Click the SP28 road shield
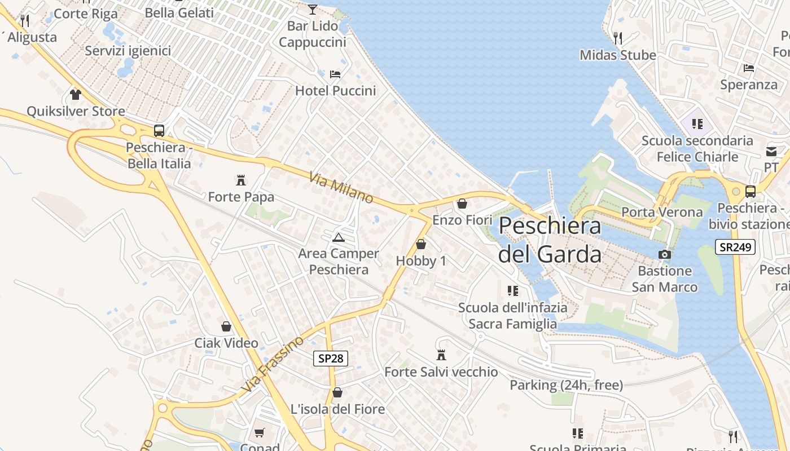click(331, 358)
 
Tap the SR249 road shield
click(735, 247)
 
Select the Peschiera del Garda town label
click(550, 240)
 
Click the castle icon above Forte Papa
click(241, 180)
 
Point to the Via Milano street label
click(341, 188)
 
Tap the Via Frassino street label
click(272, 364)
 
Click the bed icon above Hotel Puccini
click(335, 74)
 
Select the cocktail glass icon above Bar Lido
click(313, 9)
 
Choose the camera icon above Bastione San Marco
click(665, 254)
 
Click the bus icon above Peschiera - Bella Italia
click(159, 131)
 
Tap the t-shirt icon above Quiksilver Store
click(76, 94)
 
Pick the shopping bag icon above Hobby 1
click(420, 244)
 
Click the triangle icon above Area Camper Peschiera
click(338, 237)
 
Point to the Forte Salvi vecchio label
click(441, 372)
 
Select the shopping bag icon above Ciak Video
click(226, 326)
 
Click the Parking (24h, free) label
click(567, 385)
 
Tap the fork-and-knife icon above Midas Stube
click(618, 38)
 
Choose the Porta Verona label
click(662, 213)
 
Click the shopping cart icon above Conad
click(259, 432)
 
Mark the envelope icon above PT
click(771, 151)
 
